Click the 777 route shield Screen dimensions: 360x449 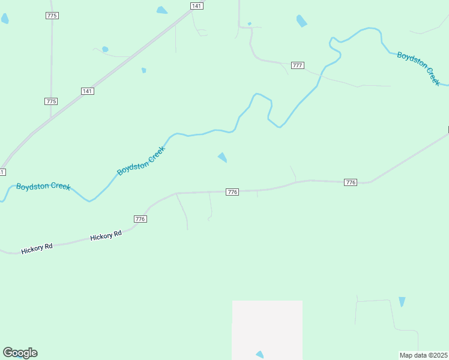point(298,65)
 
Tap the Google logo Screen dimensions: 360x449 point(20,353)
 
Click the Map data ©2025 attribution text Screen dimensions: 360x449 point(424,355)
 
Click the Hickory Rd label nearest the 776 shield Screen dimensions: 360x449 point(106,236)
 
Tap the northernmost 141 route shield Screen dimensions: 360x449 point(196,5)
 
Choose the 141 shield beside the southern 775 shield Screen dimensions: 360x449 point(87,91)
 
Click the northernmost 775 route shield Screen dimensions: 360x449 point(52,16)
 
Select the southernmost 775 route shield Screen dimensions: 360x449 point(51,101)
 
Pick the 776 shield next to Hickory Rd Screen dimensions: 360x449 point(140,219)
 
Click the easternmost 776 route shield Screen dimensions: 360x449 point(351,182)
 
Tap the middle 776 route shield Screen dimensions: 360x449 point(233,192)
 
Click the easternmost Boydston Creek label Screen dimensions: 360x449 point(418,68)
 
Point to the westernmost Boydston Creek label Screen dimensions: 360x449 point(43,187)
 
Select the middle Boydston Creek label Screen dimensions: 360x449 point(141,161)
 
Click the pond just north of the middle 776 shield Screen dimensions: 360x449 point(223,157)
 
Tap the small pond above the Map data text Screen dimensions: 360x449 point(402,301)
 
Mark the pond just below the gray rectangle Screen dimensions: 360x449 point(260,355)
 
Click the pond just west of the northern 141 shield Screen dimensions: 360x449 point(162,10)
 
